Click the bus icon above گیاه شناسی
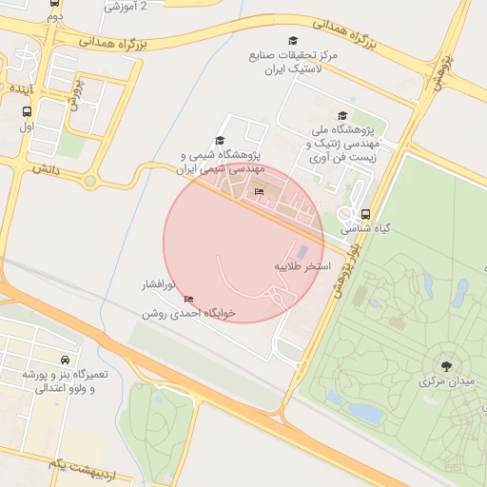click(x=366, y=214)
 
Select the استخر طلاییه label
click(x=302, y=266)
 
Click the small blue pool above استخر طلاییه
click(x=302, y=252)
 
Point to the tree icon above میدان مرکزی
click(x=445, y=365)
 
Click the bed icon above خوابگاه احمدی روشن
click(x=188, y=300)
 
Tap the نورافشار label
click(x=152, y=284)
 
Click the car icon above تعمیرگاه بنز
click(x=64, y=360)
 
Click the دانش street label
click(x=46, y=167)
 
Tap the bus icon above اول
click(x=26, y=110)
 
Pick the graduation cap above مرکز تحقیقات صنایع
click(x=293, y=40)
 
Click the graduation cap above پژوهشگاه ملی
click(x=342, y=115)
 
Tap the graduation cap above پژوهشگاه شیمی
click(x=220, y=140)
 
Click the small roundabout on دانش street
click(x=90, y=181)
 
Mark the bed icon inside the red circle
click(x=260, y=192)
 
